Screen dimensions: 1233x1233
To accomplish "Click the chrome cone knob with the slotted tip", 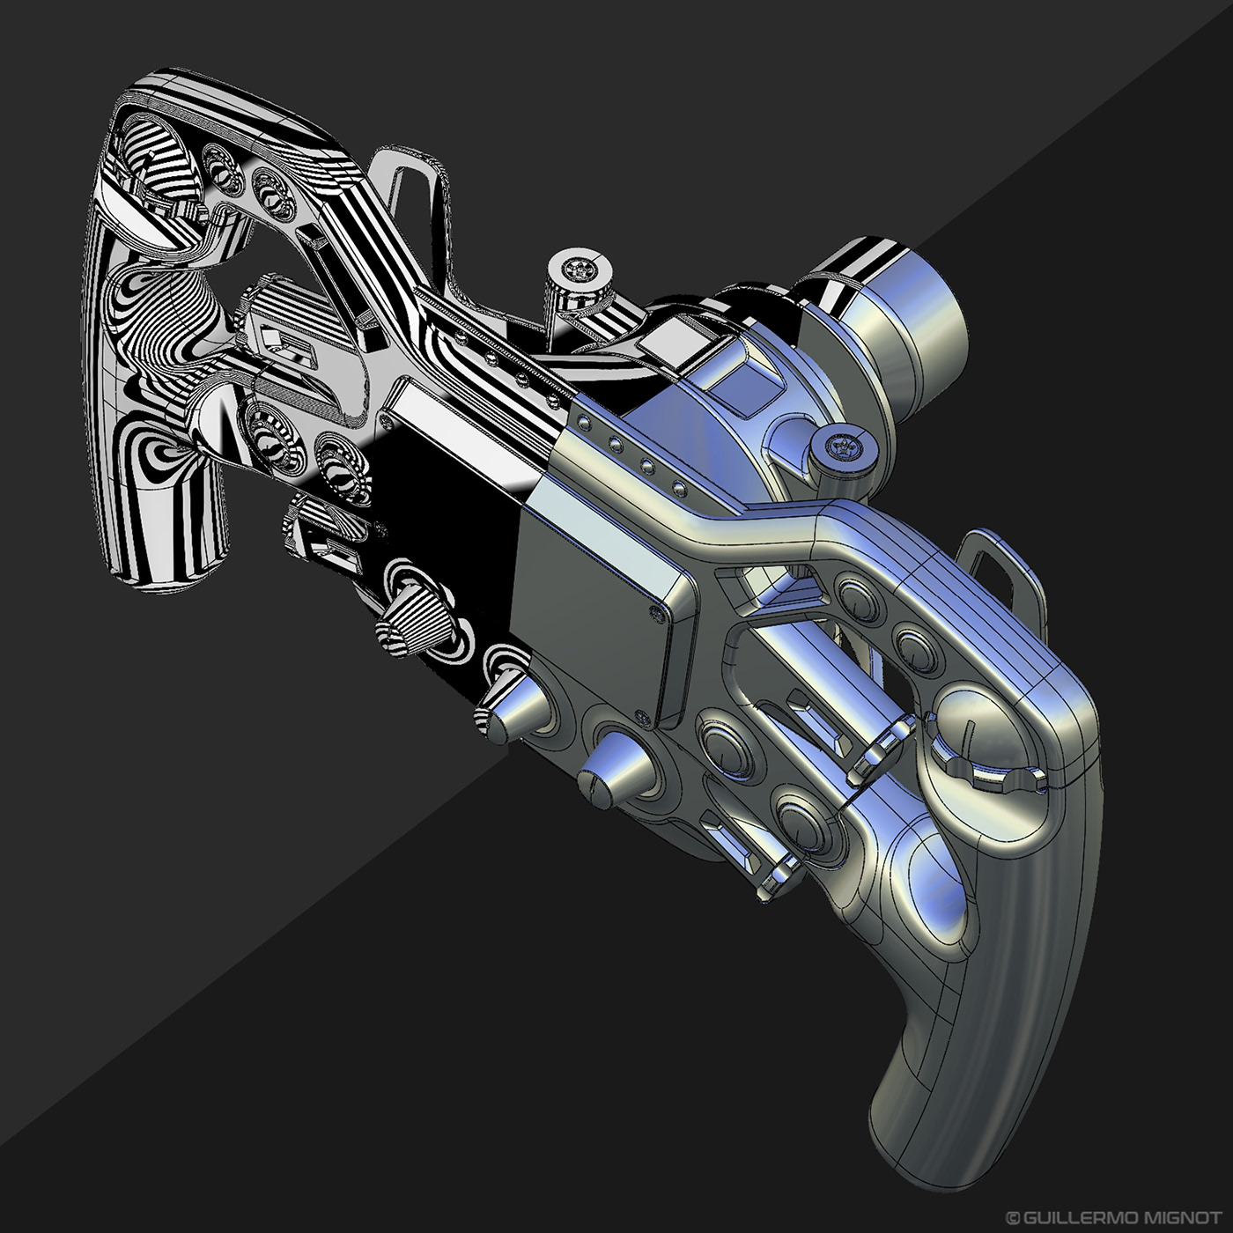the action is pos(608,769).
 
